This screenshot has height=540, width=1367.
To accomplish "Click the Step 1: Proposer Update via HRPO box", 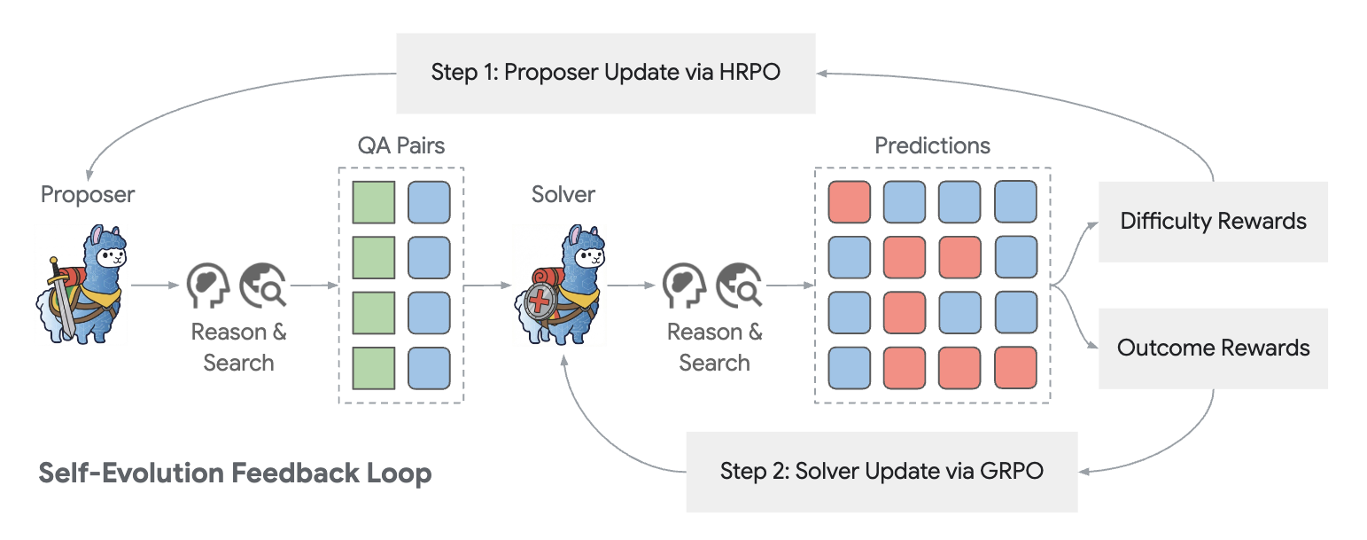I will (605, 73).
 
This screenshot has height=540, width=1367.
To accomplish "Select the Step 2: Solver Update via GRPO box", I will (882, 471).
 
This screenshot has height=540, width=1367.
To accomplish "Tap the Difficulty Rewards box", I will (1213, 221).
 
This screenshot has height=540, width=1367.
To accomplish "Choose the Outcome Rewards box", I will (1213, 348).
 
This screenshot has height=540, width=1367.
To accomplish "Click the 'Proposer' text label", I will (88, 194).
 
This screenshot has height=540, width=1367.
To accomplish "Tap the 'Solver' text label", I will (563, 194).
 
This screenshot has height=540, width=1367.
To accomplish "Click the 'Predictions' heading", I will (932, 146).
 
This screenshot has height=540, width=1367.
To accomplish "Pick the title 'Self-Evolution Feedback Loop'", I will (235, 473).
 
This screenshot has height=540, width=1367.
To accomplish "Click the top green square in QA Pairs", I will (374, 202).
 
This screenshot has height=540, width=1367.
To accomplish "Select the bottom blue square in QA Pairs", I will (429, 367).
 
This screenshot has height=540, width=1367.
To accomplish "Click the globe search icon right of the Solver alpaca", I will (737, 286).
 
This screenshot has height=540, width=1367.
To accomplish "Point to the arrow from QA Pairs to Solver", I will (487, 286).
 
